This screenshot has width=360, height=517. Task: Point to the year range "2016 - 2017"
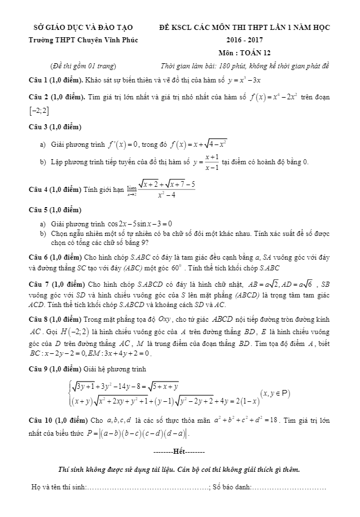click(x=244, y=40)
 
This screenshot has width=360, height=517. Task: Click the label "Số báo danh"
click(x=231, y=487)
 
